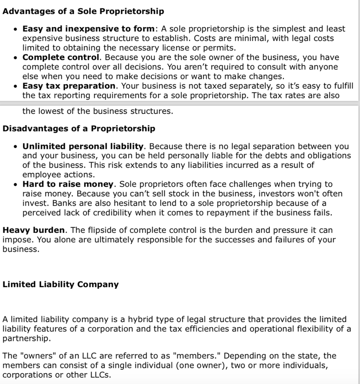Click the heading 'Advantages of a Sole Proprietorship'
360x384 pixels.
pyautogui.click(x=83, y=11)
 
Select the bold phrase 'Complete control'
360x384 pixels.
pyautogui.click(x=61, y=58)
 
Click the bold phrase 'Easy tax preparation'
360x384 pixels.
pyautogui.click(x=69, y=86)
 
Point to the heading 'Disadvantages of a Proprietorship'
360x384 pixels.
pyautogui.click(x=79, y=129)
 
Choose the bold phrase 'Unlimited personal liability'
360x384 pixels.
pyautogui.click(x=83, y=146)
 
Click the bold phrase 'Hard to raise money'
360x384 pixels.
pyautogui.click(x=68, y=184)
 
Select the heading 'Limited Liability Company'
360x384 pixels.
pyautogui.click(x=60, y=284)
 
